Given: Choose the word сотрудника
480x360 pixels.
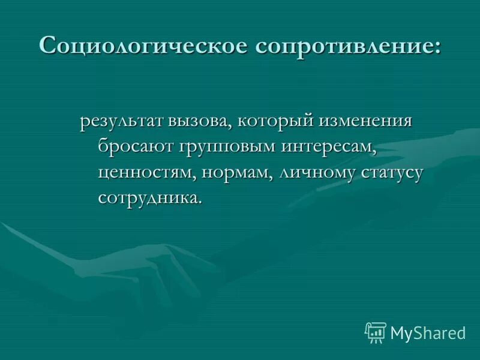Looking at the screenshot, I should (148, 198).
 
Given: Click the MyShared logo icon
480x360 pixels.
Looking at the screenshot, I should (375, 332).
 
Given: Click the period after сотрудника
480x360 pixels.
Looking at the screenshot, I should (200, 203).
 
